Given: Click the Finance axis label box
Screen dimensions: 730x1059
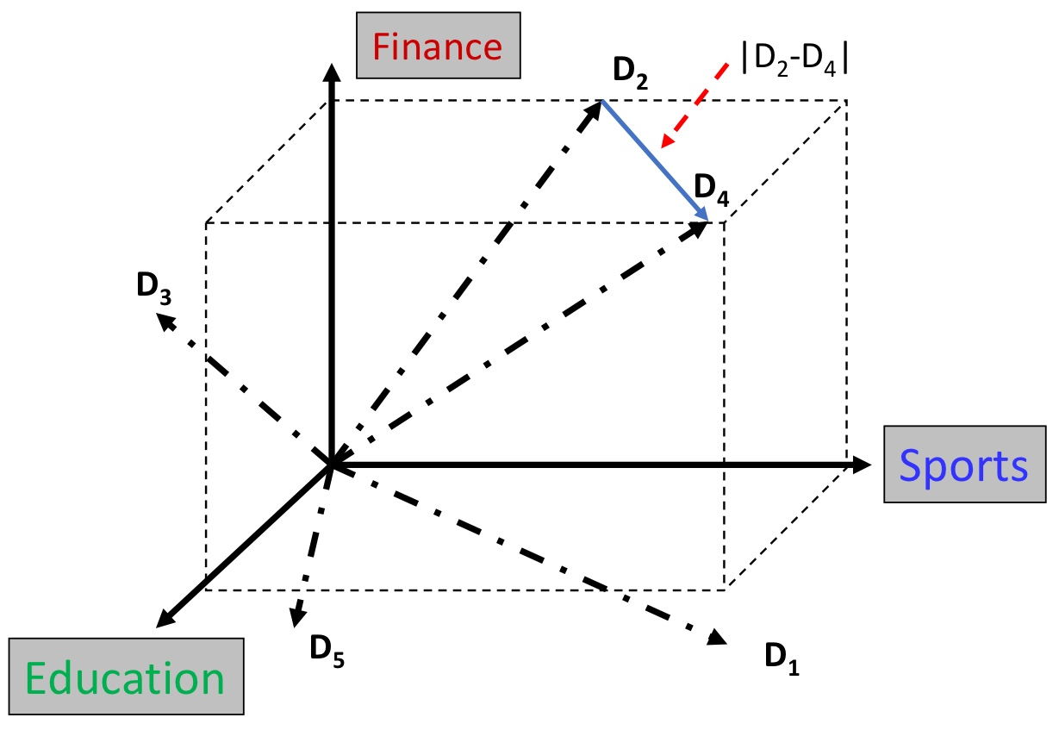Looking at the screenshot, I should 439,45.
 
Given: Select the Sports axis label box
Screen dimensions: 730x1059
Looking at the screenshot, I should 963,465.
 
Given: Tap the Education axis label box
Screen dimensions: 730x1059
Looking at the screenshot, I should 127,677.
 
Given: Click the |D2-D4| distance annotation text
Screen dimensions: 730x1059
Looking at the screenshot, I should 795,64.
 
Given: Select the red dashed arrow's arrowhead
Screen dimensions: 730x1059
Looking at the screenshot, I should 662,147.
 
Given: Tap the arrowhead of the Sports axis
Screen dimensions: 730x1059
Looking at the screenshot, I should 862,465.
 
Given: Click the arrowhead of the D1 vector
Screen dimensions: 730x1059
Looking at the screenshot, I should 717,639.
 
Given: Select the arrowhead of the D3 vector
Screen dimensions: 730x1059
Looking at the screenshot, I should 162,318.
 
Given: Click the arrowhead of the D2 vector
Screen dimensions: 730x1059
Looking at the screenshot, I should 595,110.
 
